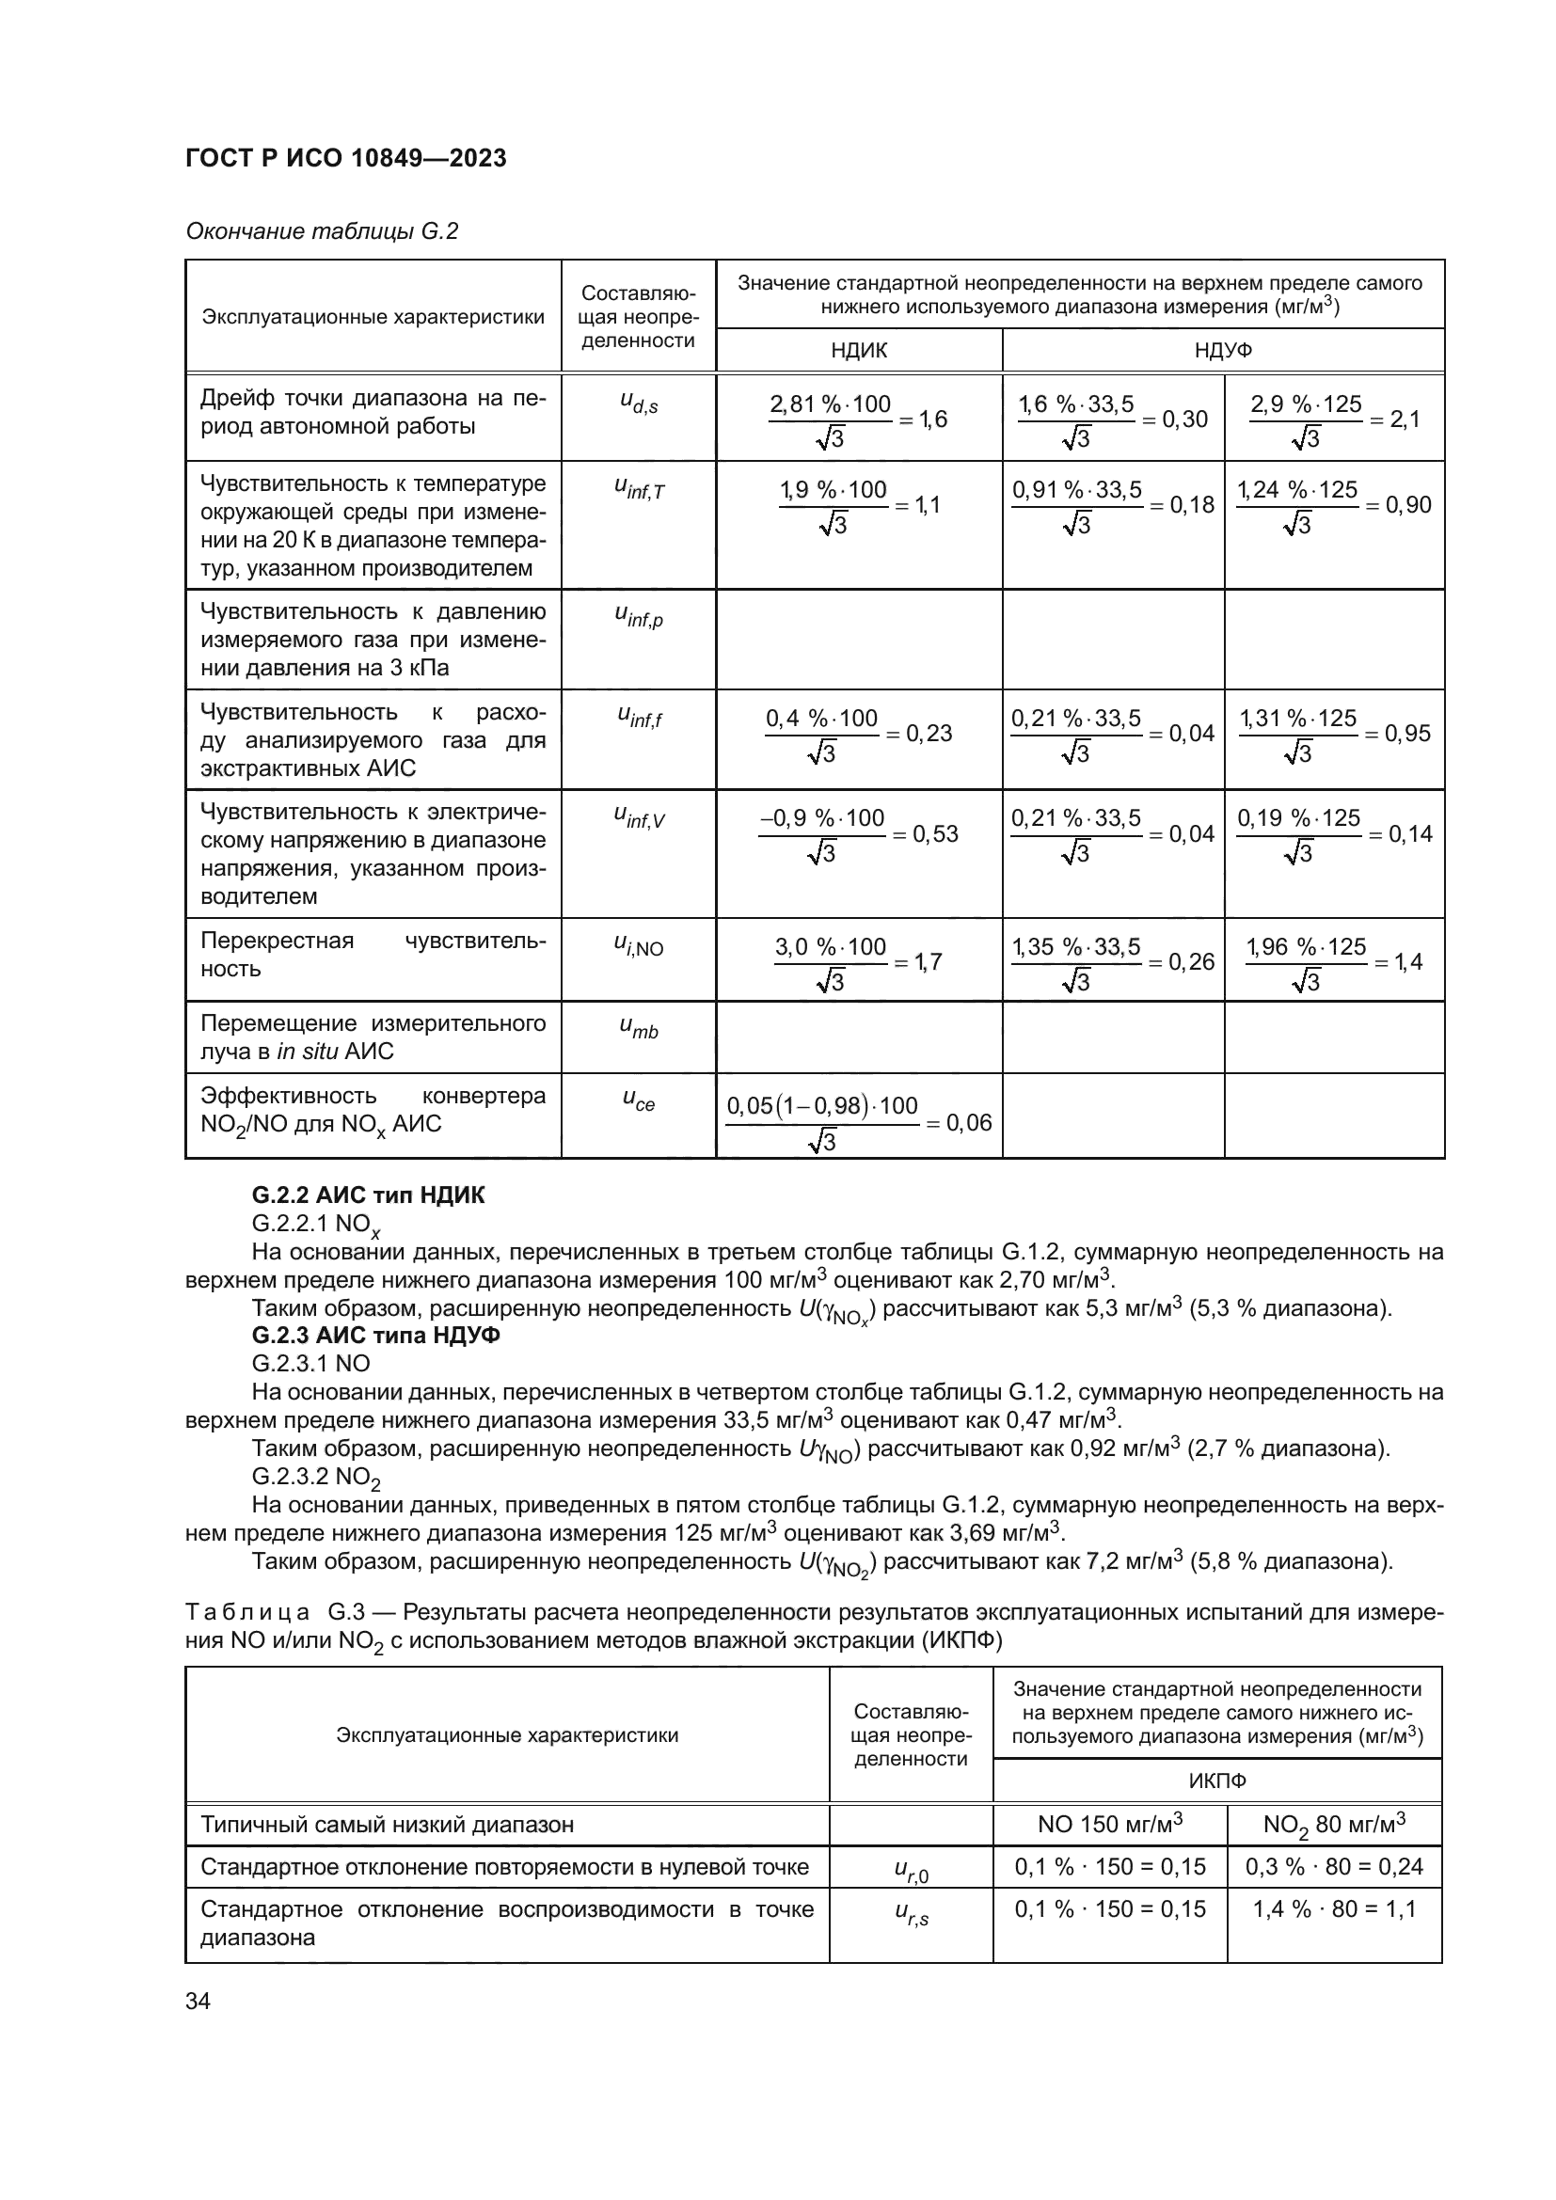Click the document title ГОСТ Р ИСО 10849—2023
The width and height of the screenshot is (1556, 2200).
[x=345, y=158]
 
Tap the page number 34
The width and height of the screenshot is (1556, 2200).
[x=198, y=2001]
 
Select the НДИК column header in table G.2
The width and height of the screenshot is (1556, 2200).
[x=859, y=351]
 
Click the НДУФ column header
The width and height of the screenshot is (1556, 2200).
[x=1223, y=351]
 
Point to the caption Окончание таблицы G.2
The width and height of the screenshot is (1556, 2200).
[x=322, y=231]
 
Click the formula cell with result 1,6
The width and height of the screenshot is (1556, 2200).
[x=859, y=419]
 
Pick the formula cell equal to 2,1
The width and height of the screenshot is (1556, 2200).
[x=1334, y=419]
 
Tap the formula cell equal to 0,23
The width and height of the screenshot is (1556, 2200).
[x=859, y=734]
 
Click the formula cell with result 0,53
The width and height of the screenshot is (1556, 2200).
[x=859, y=833]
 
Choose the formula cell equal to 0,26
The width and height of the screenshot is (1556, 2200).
[x=1112, y=962]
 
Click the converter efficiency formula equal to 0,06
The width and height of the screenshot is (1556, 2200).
[x=859, y=1122]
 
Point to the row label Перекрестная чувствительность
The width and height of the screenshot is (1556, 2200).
[x=373, y=955]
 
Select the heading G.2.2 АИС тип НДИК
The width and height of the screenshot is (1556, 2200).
[x=368, y=1195]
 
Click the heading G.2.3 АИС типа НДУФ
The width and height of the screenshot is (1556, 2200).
[x=375, y=1335]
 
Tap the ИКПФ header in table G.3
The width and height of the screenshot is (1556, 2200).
[x=1216, y=1781]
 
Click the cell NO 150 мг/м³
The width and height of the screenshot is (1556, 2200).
[x=1109, y=1825]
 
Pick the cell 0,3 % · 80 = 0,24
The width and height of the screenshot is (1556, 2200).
[x=1334, y=1866]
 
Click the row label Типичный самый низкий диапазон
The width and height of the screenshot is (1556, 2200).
[x=387, y=1825]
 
